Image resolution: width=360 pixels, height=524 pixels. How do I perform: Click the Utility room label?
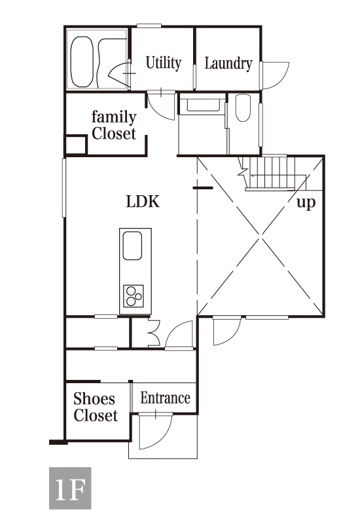tap(163, 63)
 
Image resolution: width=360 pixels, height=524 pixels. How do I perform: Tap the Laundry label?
tap(228, 64)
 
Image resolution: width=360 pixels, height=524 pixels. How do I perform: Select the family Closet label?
tap(114, 125)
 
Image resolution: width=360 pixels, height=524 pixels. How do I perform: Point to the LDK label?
tap(143, 202)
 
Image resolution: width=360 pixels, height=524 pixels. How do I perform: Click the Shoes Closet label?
tap(96, 407)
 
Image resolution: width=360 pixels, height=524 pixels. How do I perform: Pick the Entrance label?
tap(165, 398)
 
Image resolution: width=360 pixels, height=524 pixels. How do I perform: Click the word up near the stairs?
tap(306, 202)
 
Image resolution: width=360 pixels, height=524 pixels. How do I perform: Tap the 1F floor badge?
tap(70, 488)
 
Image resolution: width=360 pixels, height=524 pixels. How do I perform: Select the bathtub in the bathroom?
tap(82, 62)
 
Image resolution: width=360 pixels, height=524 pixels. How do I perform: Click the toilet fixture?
tap(243, 108)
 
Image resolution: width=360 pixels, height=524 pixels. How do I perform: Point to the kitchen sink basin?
tap(132, 246)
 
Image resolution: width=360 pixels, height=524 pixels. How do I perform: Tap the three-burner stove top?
tap(134, 296)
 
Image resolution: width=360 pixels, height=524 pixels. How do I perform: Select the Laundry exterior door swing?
tap(276, 75)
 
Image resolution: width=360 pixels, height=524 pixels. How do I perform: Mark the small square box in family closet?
tap(76, 145)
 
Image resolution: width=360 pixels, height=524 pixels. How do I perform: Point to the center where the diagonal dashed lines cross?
tap(261, 236)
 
